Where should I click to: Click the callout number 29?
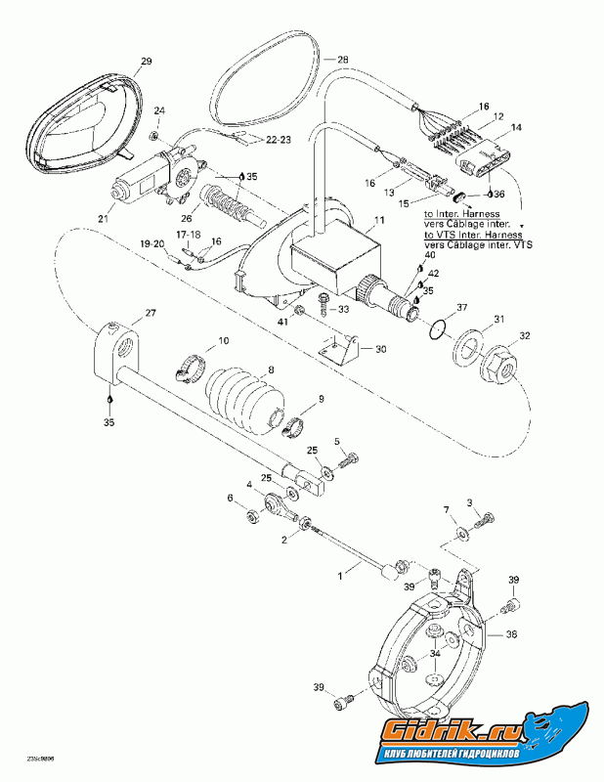pyautogui.click(x=147, y=63)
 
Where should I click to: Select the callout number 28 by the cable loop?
pyautogui.click(x=342, y=60)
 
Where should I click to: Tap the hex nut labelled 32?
pyautogui.click(x=497, y=366)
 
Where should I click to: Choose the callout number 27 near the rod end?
pyautogui.click(x=151, y=314)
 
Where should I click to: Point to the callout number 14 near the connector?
pyautogui.click(x=517, y=128)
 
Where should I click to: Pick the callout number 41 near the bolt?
pyautogui.click(x=282, y=320)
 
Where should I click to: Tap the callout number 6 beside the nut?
pyautogui.click(x=232, y=499)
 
